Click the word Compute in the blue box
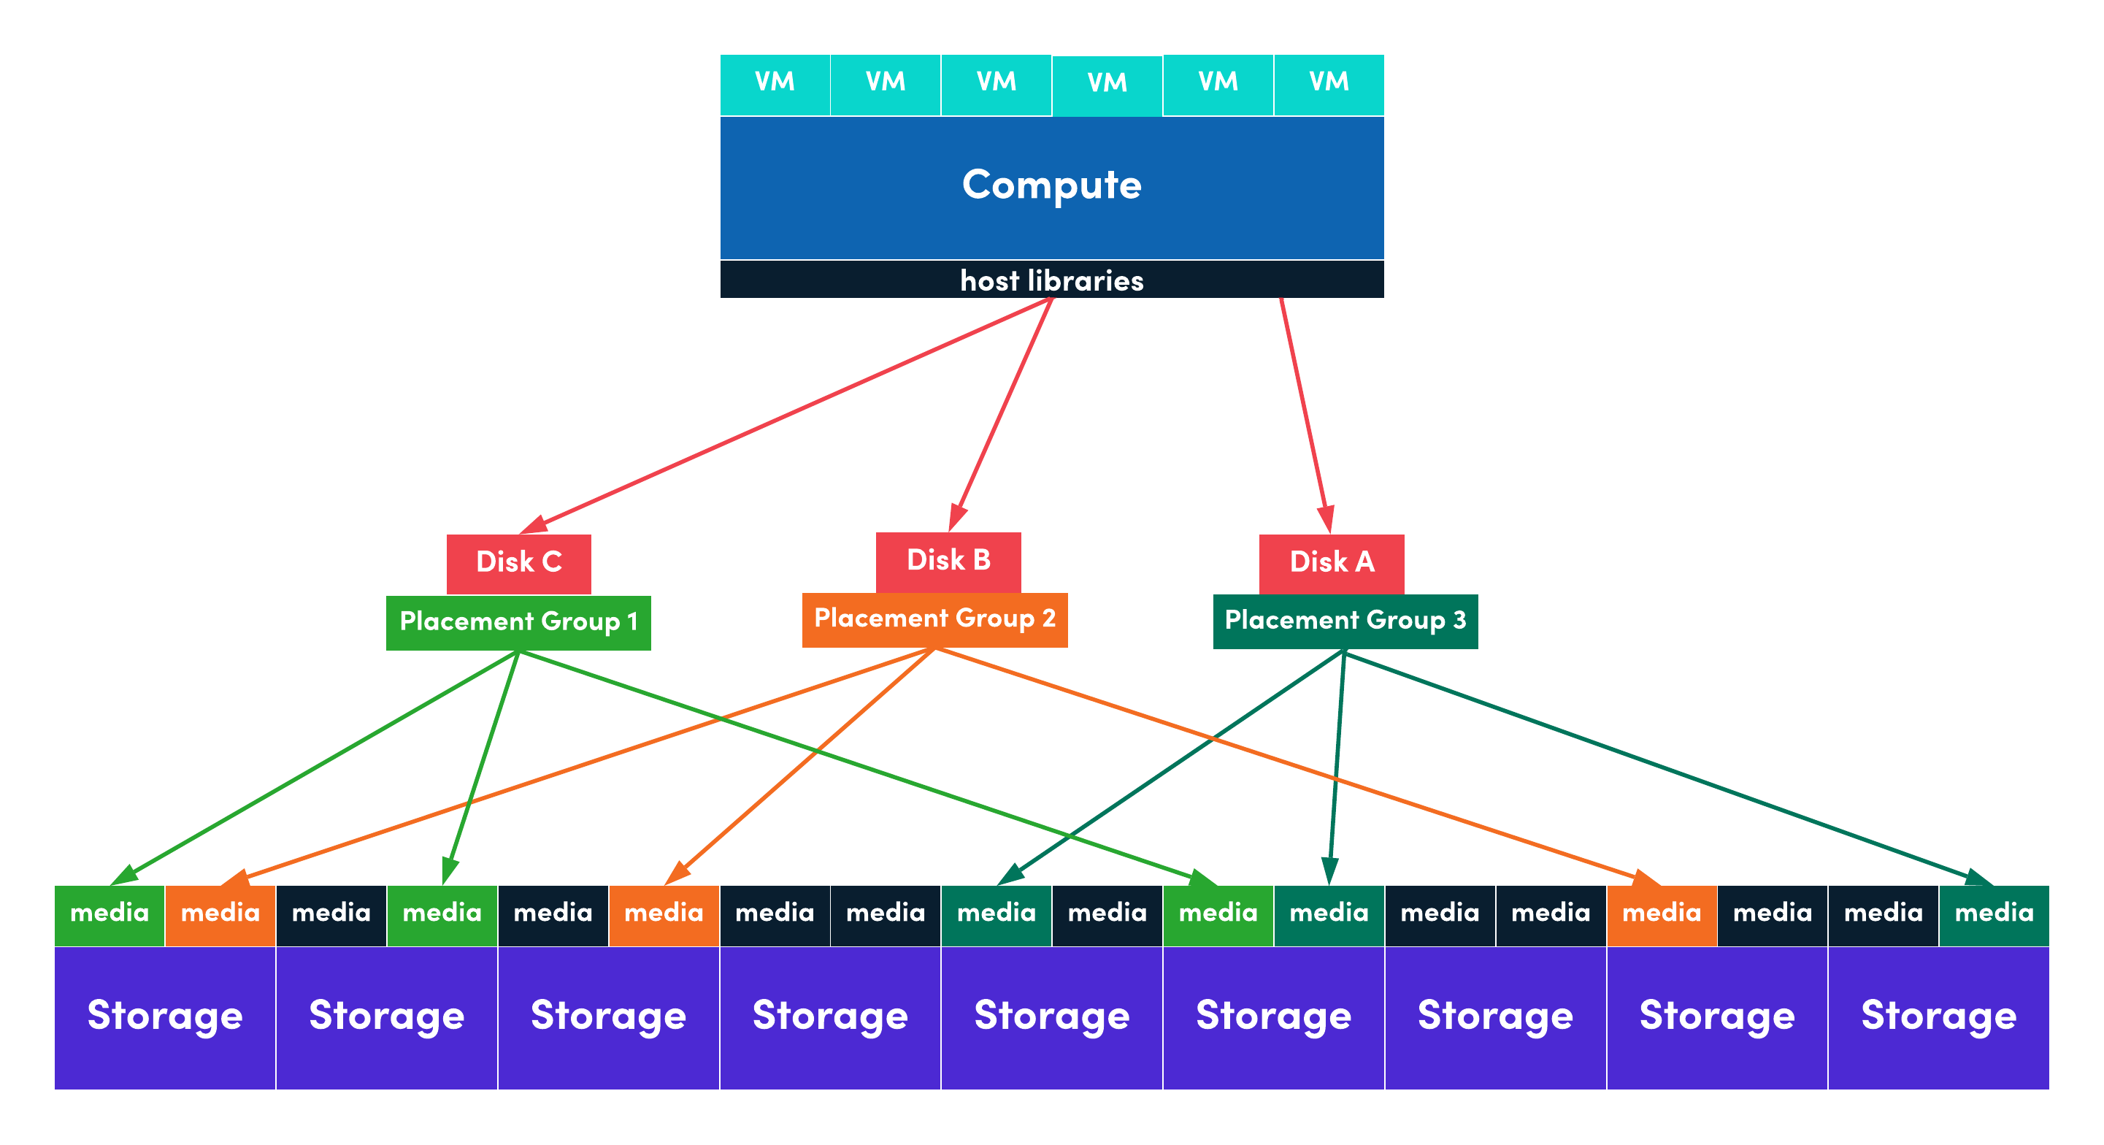coord(1051,185)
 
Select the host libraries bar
coord(1051,280)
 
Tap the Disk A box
coord(1332,562)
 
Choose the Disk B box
coord(948,560)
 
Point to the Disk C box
coord(518,562)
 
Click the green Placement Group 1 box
coord(518,622)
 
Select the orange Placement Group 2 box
coord(934,619)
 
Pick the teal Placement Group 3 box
coord(1345,621)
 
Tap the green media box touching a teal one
coord(1217,913)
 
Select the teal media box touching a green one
coord(1328,913)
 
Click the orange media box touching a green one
coord(220,913)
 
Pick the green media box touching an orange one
coord(110,913)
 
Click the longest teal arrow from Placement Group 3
coord(1666,767)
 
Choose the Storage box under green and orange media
coord(164,1016)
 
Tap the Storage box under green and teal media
coord(1272,1016)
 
